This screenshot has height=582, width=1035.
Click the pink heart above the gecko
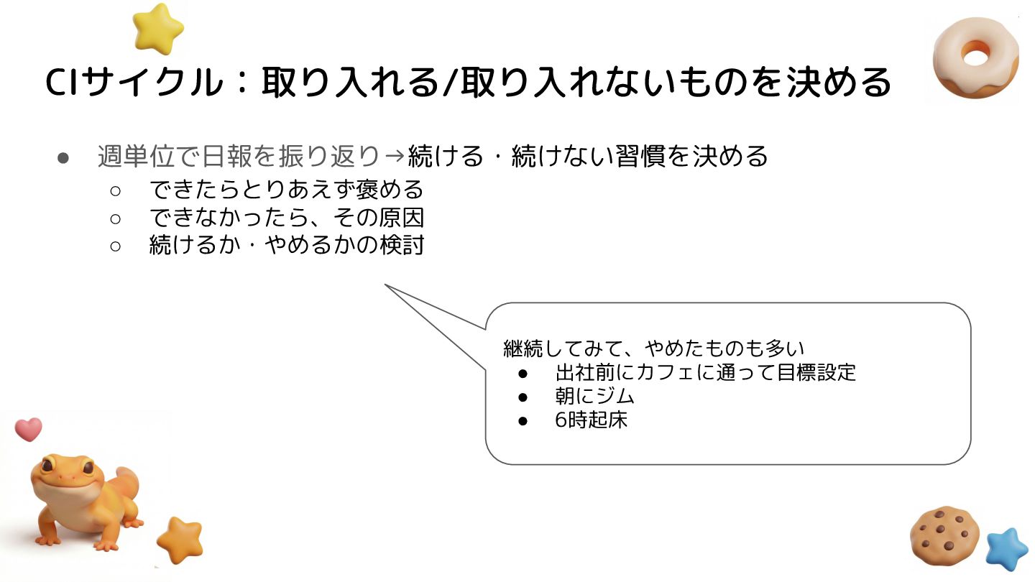[x=29, y=429]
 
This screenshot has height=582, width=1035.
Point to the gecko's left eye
[x=48, y=466]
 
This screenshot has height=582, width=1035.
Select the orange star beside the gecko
[x=179, y=540]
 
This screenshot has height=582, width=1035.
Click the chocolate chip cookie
[x=944, y=536]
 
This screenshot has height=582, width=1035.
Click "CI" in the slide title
[x=63, y=83]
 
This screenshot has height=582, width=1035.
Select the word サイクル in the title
[x=152, y=83]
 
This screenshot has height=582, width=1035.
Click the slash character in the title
[x=450, y=83]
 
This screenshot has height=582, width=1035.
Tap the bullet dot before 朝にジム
[x=523, y=397]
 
